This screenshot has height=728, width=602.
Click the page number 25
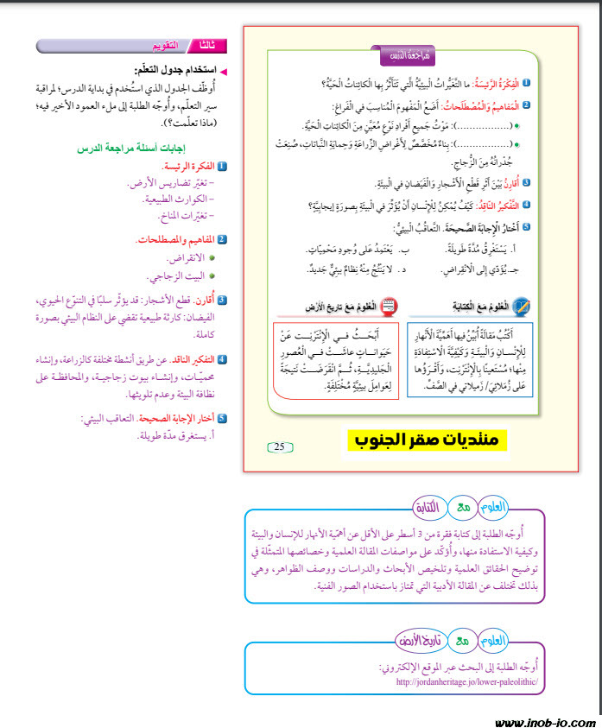pos(280,446)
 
